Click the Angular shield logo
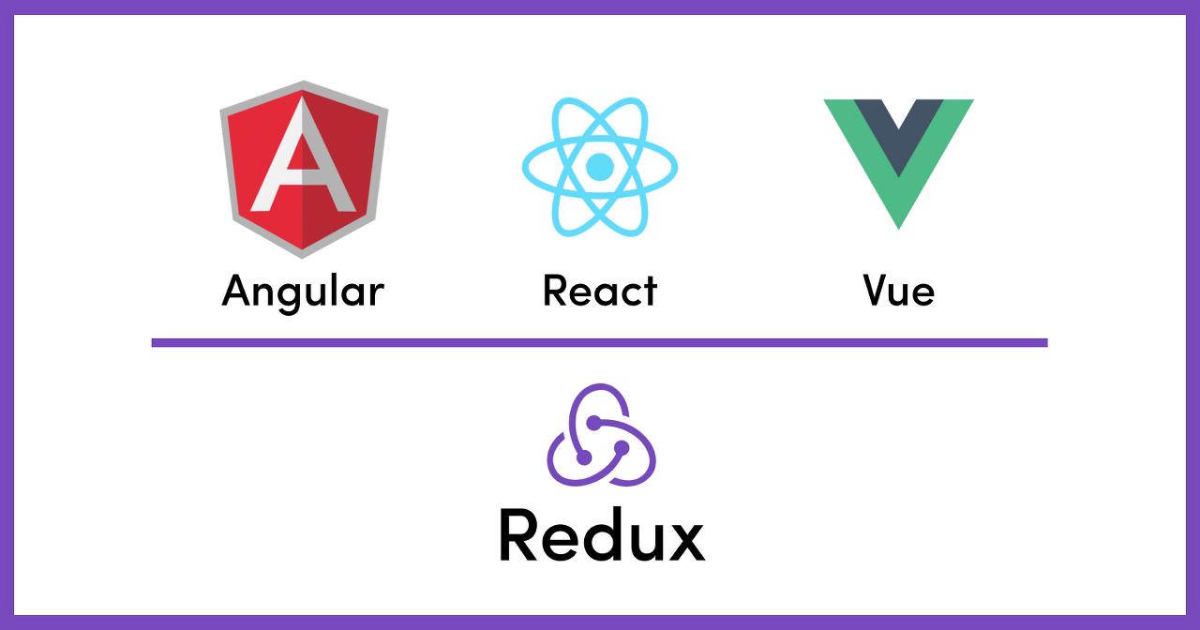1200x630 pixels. click(x=303, y=169)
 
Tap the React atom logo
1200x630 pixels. click(x=600, y=167)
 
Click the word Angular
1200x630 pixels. click(x=303, y=291)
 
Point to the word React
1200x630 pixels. click(x=600, y=291)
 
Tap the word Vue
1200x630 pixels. click(x=898, y=291)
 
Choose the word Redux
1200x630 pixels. click(x=601, y=535)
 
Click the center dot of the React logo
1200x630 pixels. click(x=600, y=167)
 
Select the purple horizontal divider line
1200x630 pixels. click(x=600, y=343)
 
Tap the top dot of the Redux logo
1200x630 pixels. click(x=594, y=423)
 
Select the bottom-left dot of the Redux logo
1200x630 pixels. click(x=583, y=458)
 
